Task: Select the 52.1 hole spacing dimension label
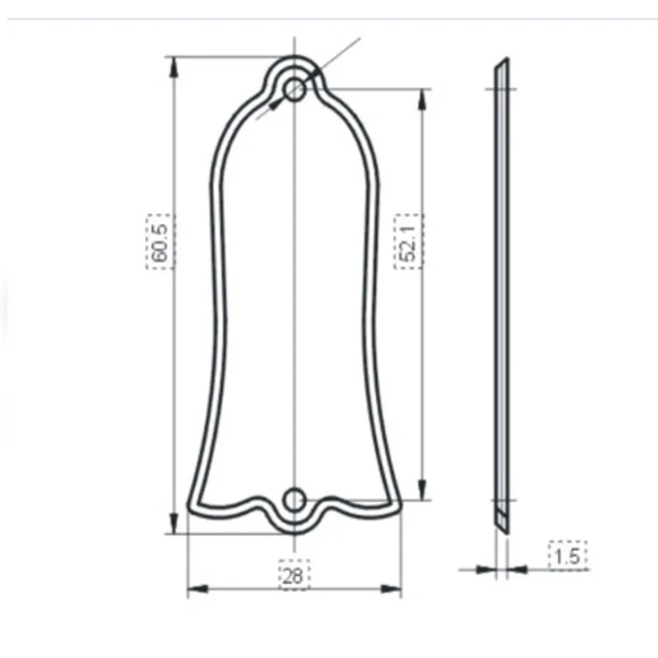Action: pos(407,241)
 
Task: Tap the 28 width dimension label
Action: pos(292,576)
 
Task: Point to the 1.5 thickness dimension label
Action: pos(568,556)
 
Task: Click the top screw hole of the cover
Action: pos(294,88)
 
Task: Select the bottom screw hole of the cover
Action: pos(294,498)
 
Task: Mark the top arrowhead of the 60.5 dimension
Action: pos(173,66)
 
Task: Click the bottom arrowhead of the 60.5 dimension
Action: pos(173,523)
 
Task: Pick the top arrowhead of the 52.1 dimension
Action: pos(423,100)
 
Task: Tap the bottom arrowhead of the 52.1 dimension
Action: pos(423,490)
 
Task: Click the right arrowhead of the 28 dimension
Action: pos(393,589)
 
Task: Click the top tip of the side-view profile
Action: pos(506,60)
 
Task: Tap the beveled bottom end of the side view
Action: pos(502,520)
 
